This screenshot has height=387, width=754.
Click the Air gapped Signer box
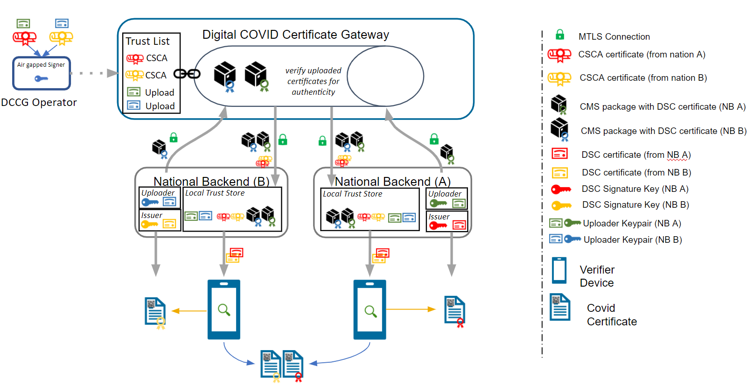[42, 73]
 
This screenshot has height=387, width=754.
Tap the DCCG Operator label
[39, 103]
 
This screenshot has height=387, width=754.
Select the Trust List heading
[147, 41]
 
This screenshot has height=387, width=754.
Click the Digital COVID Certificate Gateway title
[295, 35]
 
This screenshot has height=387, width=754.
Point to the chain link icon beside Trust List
[187, 74]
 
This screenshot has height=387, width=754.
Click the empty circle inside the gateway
[385, 76]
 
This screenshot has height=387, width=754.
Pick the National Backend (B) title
[211, 181]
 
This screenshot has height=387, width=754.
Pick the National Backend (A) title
[392, 181]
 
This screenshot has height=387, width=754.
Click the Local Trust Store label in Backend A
[352, 194]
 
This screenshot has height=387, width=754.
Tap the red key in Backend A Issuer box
[438, 225]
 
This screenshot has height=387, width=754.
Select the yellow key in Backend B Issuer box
[149, 225]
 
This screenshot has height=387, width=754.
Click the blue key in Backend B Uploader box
[150, 202]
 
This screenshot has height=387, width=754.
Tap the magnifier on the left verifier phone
[224, 310]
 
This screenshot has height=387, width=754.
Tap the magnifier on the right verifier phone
[370, 311]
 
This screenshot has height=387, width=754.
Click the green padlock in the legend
[560, 35]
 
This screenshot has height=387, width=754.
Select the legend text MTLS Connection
[614, 36]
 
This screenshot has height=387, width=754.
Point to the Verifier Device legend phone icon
[559, 270]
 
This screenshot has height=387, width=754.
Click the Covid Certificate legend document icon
[560, 307]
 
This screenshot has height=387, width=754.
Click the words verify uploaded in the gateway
[313, 70]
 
